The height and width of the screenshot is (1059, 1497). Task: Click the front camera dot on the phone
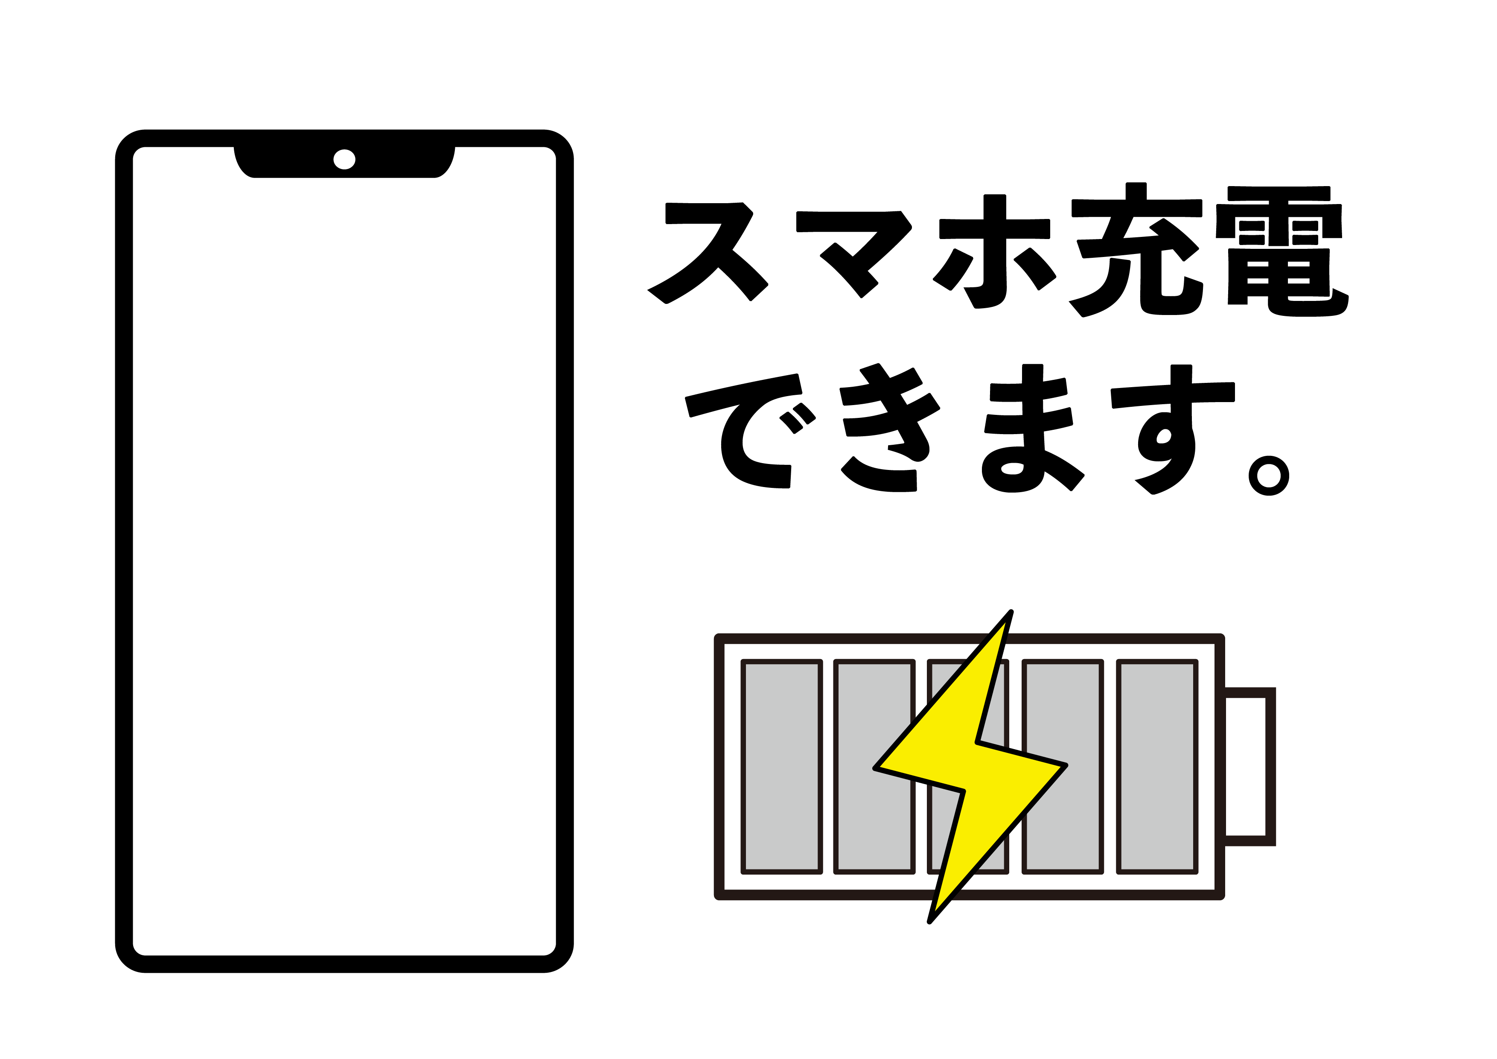(344, 159)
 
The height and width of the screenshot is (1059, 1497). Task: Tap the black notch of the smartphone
(344, 162)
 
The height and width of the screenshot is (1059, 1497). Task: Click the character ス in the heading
(708, 252)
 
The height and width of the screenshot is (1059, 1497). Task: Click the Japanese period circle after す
(1269, 476)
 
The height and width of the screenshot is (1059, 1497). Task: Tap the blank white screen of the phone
(344, 561)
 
